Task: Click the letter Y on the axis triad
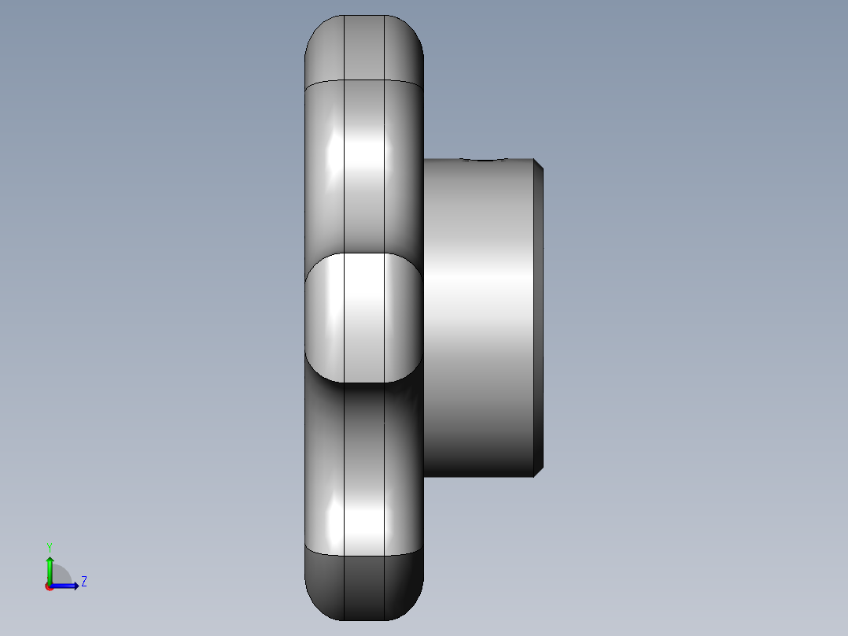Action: (50, 546)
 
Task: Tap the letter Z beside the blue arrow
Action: (83, 582)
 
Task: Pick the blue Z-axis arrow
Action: (68, 586)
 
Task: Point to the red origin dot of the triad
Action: (49, 586)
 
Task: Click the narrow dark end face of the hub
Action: (539, 315)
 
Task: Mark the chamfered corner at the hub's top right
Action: (539, 164)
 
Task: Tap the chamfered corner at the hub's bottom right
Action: (539, 471)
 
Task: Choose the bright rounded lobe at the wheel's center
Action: (363, 316)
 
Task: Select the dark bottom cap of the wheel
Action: (363, 586)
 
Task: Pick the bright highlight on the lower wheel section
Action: (363, 516)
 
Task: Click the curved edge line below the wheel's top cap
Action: (363, 80)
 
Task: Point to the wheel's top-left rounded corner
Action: (315, 28)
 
